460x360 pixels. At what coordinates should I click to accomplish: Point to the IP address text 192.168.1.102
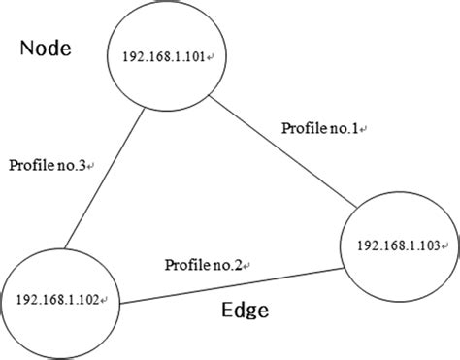55,300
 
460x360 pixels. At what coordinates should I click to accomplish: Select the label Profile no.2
204,264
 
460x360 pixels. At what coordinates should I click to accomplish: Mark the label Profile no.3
46,166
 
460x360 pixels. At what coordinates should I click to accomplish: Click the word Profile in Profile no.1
302,128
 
